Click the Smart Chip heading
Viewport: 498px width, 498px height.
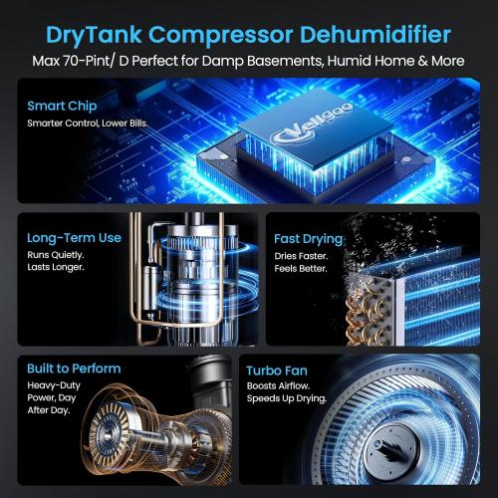tap(61, 105)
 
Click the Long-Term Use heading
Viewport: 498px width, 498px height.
tap(75, 238)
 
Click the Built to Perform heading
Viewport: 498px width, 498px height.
tap(75, 369)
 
